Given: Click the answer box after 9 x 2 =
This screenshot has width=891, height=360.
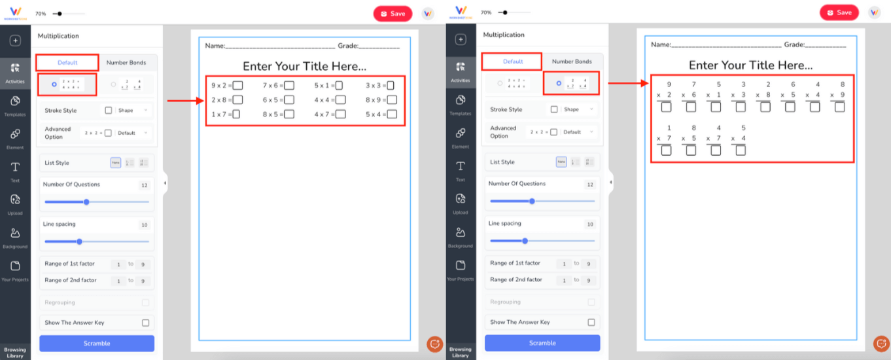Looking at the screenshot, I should point(238,85).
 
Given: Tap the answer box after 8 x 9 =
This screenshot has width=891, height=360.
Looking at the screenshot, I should point(392,100).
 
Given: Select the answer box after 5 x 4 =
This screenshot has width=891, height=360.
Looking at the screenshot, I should point(392,115).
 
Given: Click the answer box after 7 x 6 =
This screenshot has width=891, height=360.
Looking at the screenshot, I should point(289,85).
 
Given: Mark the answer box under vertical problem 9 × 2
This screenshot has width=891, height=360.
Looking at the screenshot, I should point(666,107).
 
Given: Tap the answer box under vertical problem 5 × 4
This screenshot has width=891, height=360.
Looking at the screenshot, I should point(741,151).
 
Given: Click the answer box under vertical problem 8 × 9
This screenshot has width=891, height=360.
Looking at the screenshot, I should point(839,107).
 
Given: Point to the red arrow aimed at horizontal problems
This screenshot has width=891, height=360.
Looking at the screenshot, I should point(186,101).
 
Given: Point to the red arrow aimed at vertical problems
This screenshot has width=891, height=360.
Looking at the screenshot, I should point(628,83).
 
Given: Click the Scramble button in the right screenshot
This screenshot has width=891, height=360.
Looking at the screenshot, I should point(542,343).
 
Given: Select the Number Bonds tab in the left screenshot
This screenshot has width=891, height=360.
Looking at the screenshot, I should point(126,62).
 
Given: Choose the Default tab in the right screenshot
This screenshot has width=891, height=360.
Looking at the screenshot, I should point(512,62).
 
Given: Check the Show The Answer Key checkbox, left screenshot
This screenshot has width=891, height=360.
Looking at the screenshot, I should point(145,323).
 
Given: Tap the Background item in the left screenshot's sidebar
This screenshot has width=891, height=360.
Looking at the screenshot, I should point(15,236).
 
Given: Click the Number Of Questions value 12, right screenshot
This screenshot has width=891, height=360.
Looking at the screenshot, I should point(590,185).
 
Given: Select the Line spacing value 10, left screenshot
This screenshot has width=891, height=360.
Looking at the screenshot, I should point(145,225).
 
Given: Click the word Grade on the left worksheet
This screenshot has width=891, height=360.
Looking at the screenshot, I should point(347,46).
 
